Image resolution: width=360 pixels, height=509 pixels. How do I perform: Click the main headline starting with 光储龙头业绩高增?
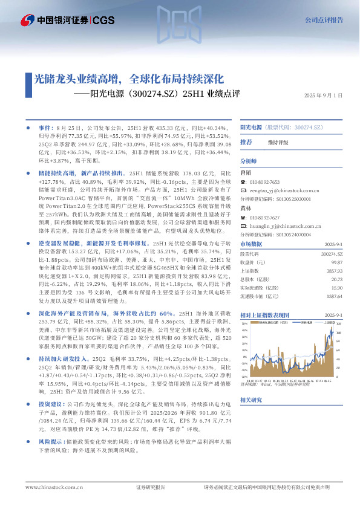(x=129, y=79)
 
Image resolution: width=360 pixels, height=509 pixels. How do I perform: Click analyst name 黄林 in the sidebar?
(x=246, y=207)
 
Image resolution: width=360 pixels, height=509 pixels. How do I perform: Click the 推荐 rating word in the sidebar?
(x=246, y=142)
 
